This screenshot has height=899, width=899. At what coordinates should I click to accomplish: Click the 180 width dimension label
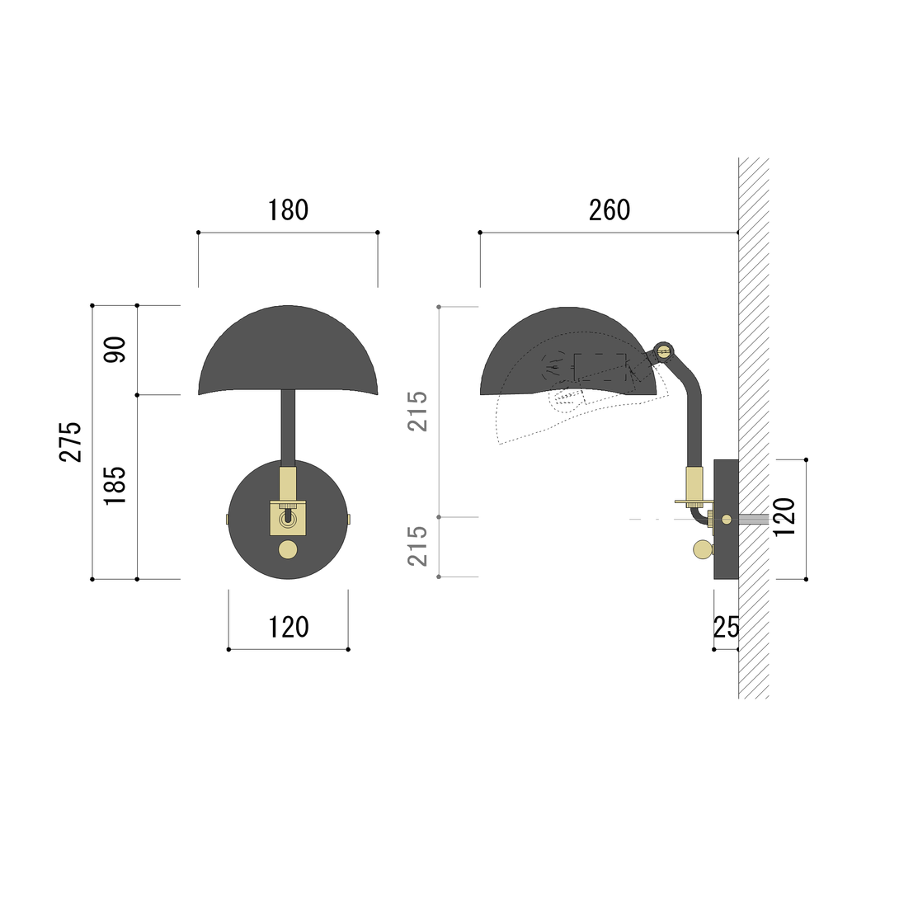pos(288,210)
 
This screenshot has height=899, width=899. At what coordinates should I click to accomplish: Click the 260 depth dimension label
pos(610,210)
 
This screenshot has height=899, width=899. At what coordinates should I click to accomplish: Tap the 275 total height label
pos(71,441)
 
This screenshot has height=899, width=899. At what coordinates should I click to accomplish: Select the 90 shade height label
pos(115,350)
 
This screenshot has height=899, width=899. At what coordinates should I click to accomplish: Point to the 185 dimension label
pos(115,485)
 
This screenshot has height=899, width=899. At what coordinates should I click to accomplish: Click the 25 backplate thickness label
pos(726,627)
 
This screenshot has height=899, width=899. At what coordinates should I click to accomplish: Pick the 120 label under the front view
pos(289,627)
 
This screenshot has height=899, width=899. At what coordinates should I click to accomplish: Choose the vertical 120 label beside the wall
pos(785,517)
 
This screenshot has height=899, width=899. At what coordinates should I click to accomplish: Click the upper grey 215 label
pos(417,411)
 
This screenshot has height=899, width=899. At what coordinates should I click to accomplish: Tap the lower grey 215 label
pos(417,546)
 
